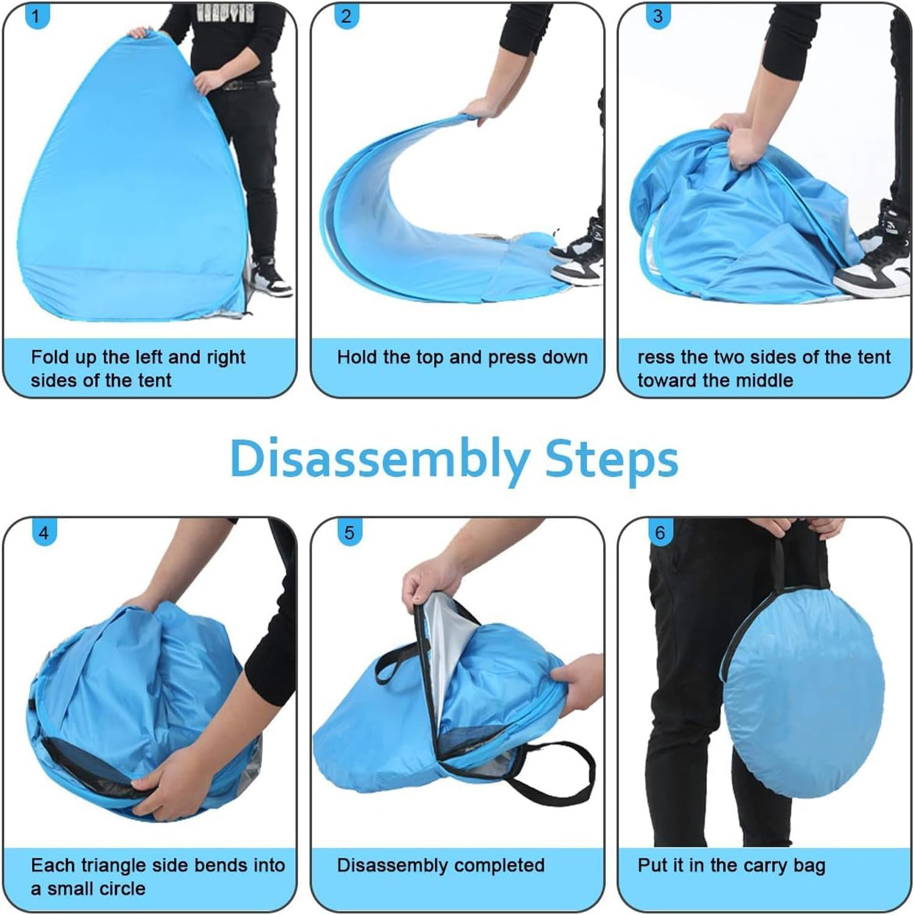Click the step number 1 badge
click(x=36, y=16)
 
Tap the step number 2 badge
click(x=346, y=16)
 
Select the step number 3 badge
click(x=657, y=16)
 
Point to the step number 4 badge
click(x=43, y=533)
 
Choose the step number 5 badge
click(x=349, y=533)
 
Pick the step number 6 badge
click(x=660, y=533)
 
